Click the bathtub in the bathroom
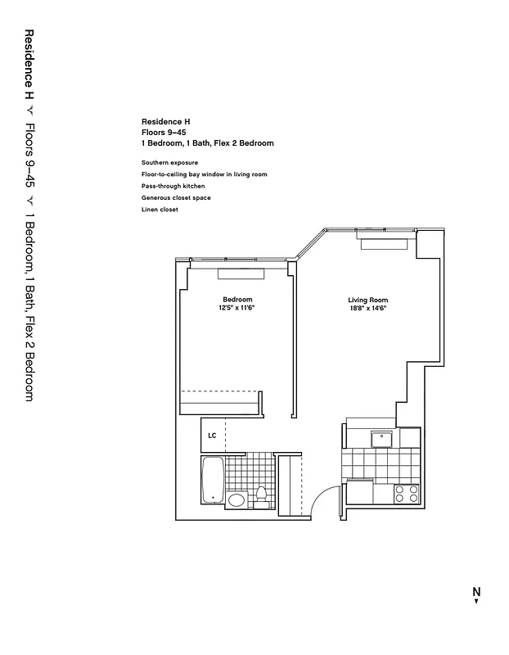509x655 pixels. coord(212,481)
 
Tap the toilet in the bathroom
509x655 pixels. coord(262,497)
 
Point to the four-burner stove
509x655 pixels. coord(407,493)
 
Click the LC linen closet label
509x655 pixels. coord(212,436)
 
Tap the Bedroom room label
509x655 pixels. coord(237,299)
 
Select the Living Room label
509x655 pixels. coord(367,300)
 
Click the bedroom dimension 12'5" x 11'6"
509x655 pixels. coord(237,308)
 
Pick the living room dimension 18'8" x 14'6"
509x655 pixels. coord(367,309)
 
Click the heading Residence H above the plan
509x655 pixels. coord(165,120)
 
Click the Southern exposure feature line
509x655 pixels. coord(169,162)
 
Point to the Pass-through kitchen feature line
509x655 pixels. coord(173,186)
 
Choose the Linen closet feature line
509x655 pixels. coord(160,210)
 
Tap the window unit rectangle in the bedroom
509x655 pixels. coord(240,273)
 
